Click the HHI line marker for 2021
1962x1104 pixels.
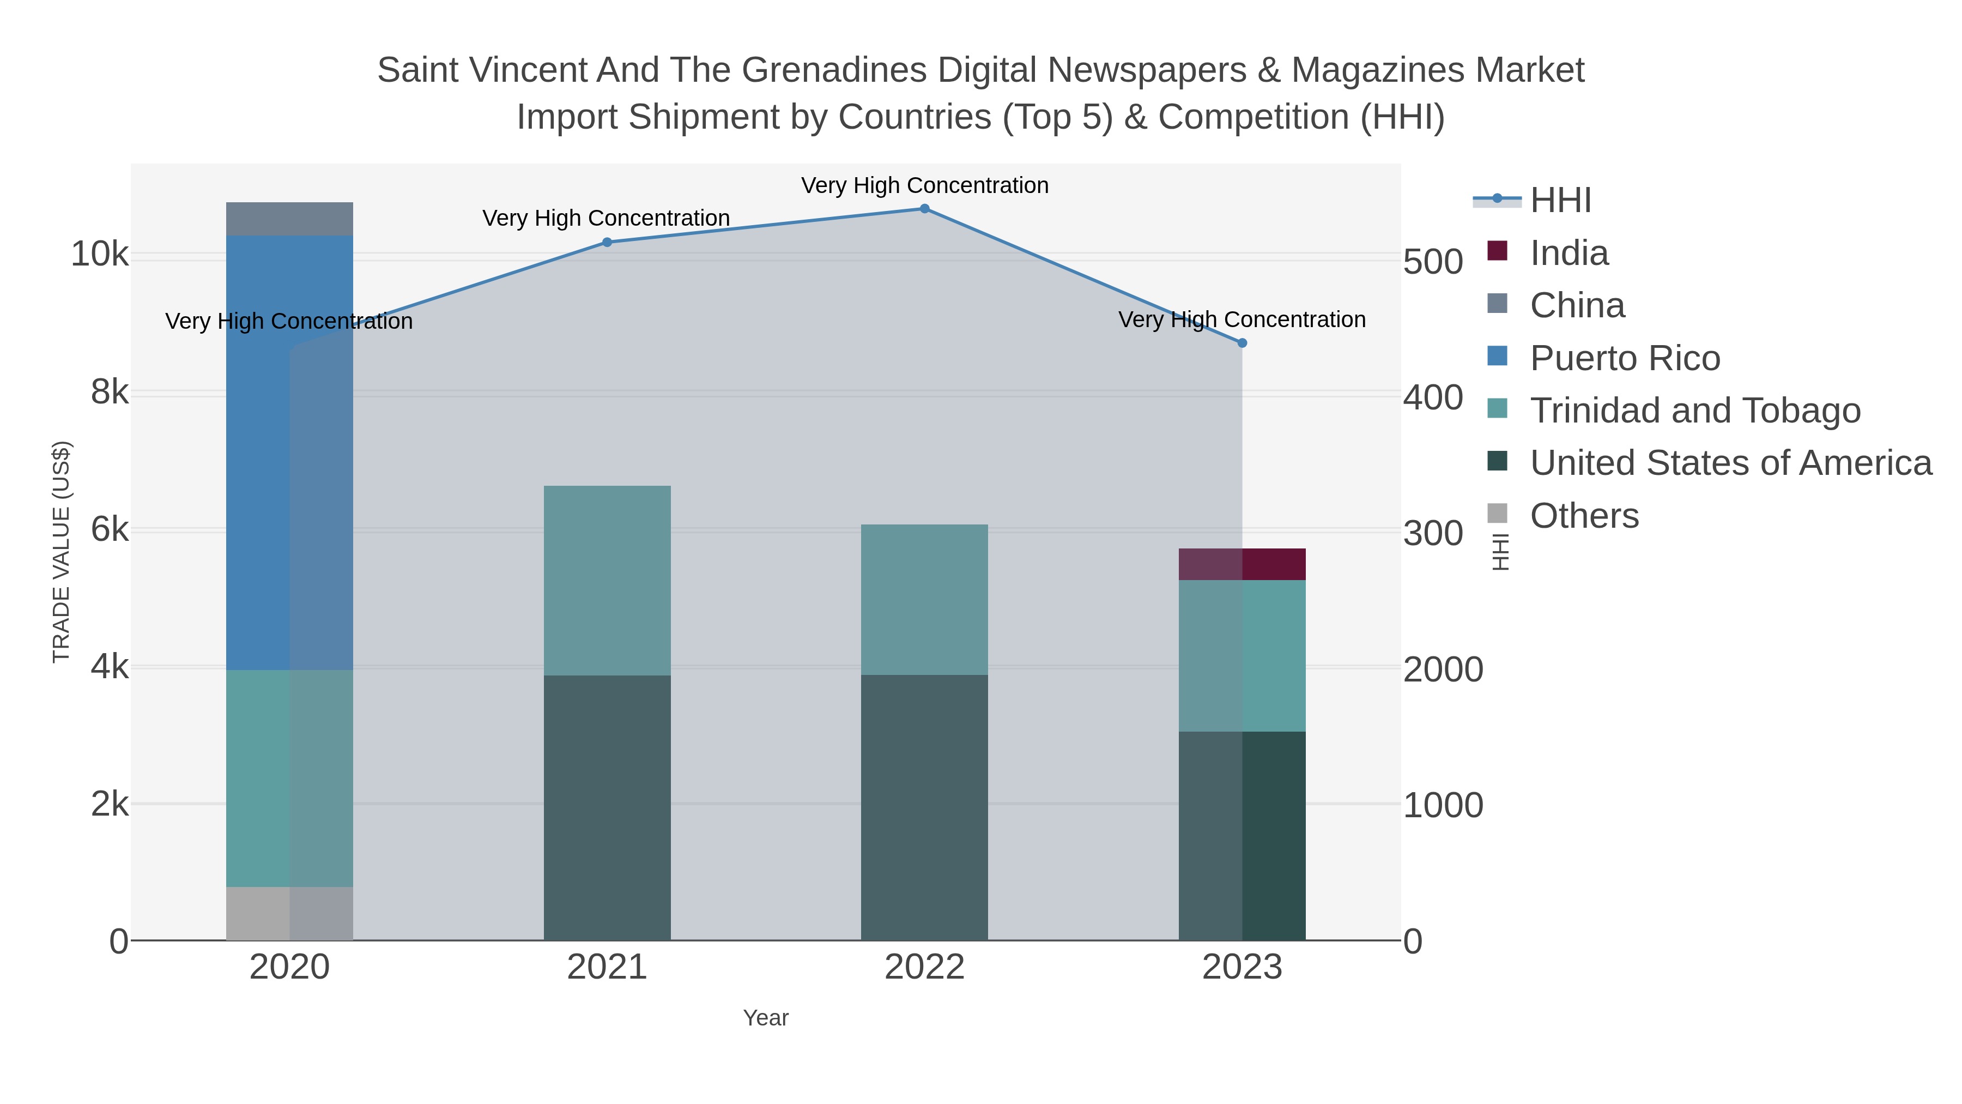click(607, 242)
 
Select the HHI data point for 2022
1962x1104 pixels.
click(925, 208)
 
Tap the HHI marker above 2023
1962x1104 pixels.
click(1242, 343)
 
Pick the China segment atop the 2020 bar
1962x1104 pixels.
click(289, 219)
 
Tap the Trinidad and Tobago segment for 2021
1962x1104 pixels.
click(607, 580)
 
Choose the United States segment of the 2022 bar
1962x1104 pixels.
click(925, 807)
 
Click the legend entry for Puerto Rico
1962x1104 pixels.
click(1625, 358)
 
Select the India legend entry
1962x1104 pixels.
click(1569, 253)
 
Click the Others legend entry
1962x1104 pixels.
click(1584, 516)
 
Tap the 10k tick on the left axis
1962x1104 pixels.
click(100, 255)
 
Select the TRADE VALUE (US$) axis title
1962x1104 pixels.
click(61, 552)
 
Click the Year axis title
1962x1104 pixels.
click(766, 1018)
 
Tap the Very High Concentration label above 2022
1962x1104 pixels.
click(925, 185)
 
